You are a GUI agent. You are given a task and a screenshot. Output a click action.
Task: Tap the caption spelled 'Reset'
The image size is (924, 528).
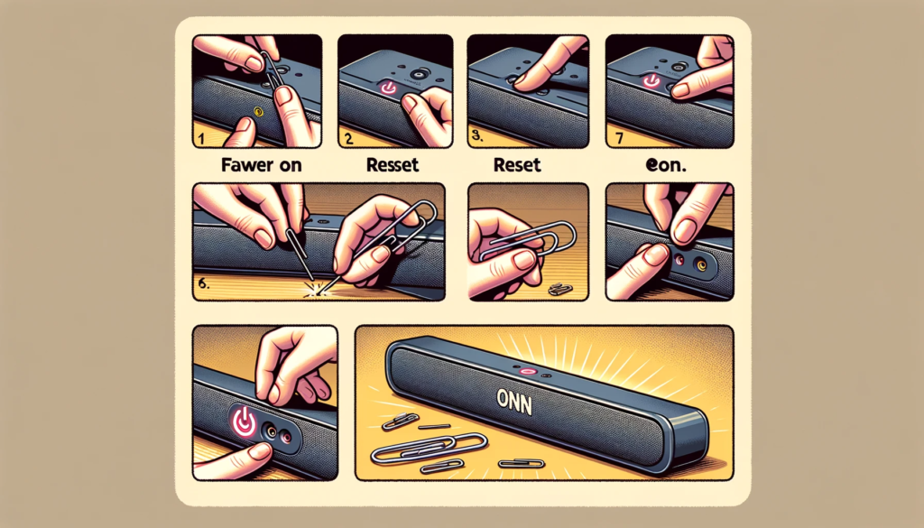pyautogui.click(x=517, y=166)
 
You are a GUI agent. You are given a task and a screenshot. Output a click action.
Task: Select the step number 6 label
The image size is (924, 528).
pyautogui.click(x=205, y=283)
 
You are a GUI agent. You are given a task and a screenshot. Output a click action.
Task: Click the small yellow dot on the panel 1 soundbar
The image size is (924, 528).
pyautogui.click(x=259, y=112)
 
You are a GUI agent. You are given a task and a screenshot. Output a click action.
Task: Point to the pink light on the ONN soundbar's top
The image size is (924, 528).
pyautogui.click(x=526, y=371)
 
